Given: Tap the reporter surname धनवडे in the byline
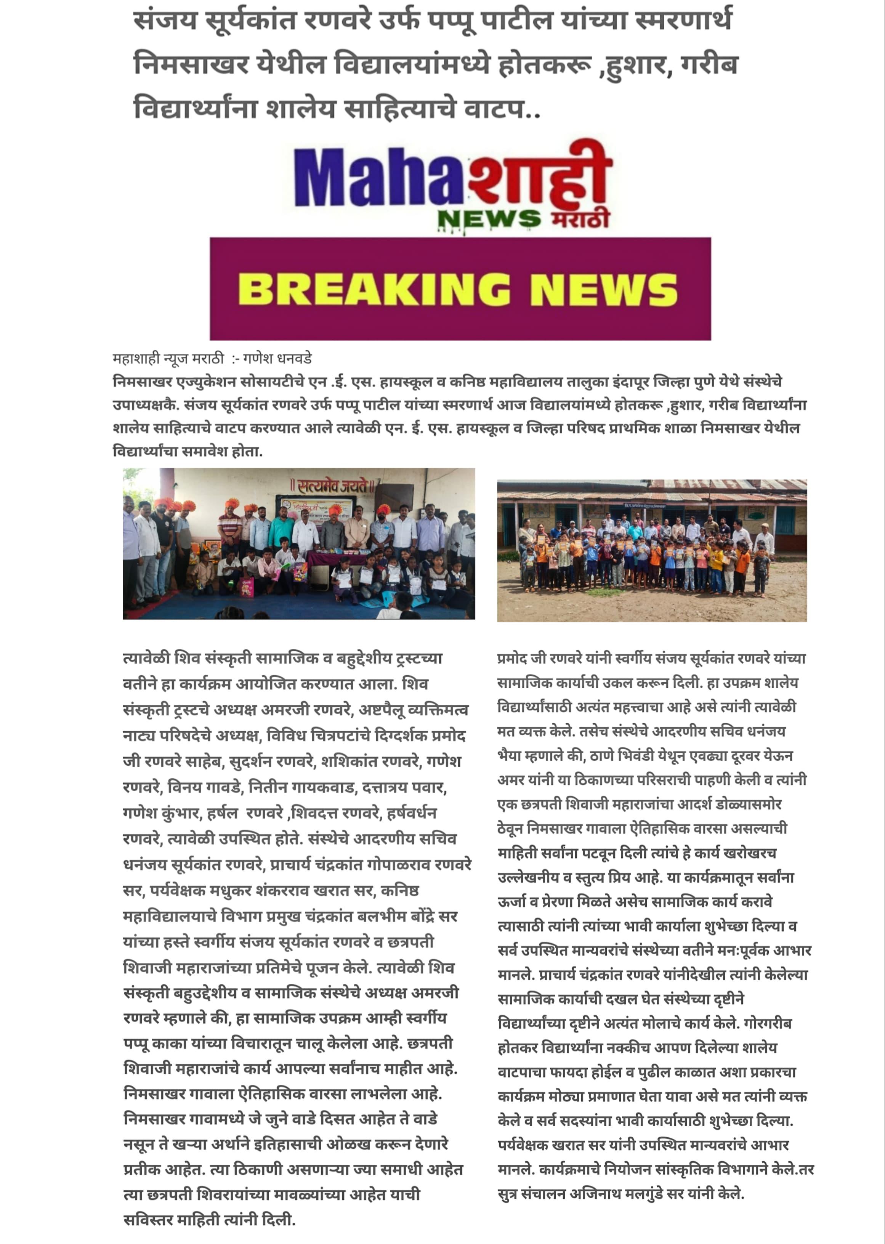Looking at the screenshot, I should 294,359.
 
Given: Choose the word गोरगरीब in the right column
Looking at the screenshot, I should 769,1023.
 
